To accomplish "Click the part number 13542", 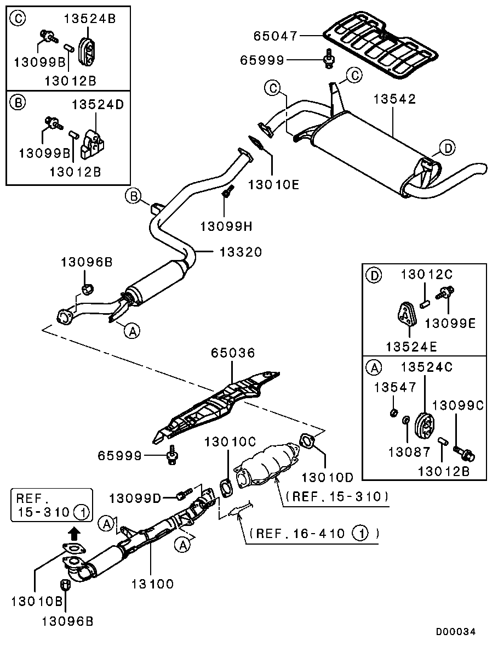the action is (394, 99).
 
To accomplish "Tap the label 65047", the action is (276, 36).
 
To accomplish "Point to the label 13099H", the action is (226, 227).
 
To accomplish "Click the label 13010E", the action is (274, 184).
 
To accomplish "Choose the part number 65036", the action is (233, 353).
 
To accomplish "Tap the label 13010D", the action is (328, 478).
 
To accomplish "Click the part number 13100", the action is (153, 584).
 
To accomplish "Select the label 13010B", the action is (37, 601).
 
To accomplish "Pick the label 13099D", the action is (135, 498).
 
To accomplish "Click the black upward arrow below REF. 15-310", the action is (73, 534).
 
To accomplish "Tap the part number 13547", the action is (395, 387).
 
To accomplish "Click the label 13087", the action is (410, 451).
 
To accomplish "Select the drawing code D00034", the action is (455, 632).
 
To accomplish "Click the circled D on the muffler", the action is (447, 148).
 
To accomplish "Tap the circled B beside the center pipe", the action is (134, 196).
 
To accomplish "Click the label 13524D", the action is (98, 104).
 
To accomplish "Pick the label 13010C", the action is (230, 442).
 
